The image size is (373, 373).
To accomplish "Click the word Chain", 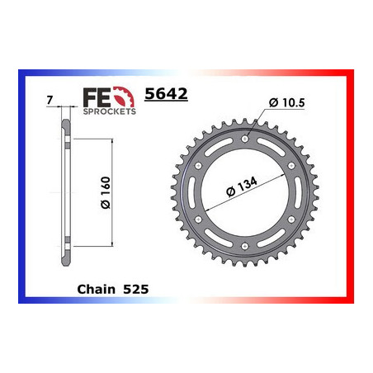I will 96,290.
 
